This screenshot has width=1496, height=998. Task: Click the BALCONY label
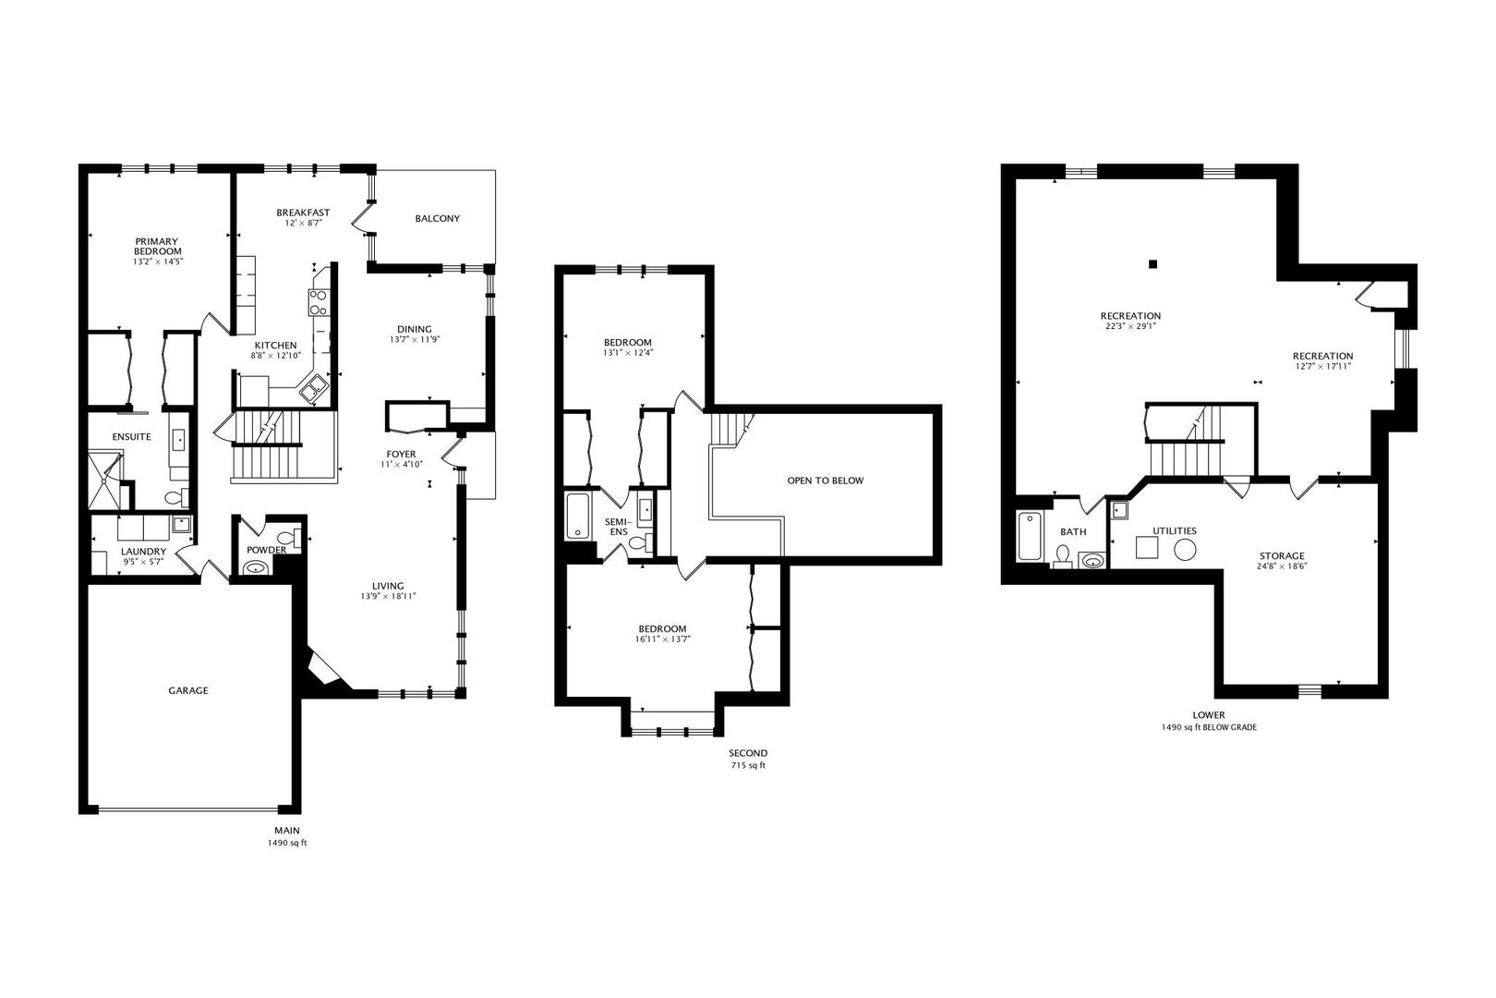pyautogui.click(x=438, y=219)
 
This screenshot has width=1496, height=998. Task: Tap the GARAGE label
pyautogui.click(x=188, y=690)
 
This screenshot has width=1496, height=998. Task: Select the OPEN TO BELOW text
pyautogui.click(x=825, y=481)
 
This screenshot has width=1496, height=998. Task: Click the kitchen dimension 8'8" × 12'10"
pyautogui.click(x=276, y=356)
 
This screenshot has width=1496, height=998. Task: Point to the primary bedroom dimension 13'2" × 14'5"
pyautogui.click(x=158, y=262)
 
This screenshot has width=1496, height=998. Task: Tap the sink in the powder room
pyautogui.click(x=256, y=568)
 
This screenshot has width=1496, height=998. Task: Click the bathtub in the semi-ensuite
pyautogui.click(x=578, y=516)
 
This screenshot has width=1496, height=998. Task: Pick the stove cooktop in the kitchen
pyautogui.click(x=318, y=302)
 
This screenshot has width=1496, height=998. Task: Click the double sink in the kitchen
pyautogui.click(x=312, y=388)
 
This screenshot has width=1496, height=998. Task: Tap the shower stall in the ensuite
pyautogui.click(x=105, y=480)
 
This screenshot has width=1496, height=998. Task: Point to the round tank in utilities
pyautogui.click(x=1185, y=550)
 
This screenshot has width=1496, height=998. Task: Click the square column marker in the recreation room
pyautogui.click(x=1152, y=264)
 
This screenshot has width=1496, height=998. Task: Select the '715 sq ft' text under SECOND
pyautogui.click(x=748, y=765)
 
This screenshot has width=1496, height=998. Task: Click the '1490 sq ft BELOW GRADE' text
pyautogui.click(x=1209, y=727)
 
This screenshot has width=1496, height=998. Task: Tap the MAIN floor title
pyautogui.click(x=287, y=831)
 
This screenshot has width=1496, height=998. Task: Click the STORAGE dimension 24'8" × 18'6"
pyautogui.click(x=1282, y=566)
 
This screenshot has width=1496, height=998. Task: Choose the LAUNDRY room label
pyautogui.click(x=143, y=552)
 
